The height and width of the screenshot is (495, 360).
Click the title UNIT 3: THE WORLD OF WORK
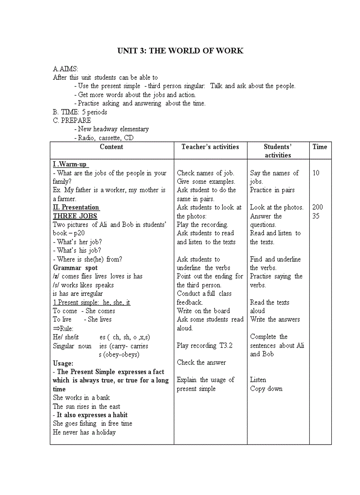click(180, 51)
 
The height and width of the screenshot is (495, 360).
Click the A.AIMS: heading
click(65, 69)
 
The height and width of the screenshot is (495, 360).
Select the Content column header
click(112, 147)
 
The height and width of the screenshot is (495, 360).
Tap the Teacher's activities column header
click(210, 147)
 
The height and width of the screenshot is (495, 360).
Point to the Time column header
click(319, 147)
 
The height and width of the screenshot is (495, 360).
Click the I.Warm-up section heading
click(71, 164)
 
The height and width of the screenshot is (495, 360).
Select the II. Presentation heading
click(76, 207)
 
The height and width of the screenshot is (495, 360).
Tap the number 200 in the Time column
click(317, 207)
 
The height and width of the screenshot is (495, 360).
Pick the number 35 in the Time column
click(316, 216)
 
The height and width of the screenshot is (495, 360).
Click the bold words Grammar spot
click(75, 268)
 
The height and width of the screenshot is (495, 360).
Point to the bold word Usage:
click(63, 363)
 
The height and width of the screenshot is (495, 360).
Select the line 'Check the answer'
click(201, 362)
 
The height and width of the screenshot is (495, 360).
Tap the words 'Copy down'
click(266, 388)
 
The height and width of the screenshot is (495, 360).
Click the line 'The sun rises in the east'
click(86, 406)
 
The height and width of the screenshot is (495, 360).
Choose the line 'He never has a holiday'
click(84, 432)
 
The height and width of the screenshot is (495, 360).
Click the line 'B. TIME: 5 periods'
click(80, 112)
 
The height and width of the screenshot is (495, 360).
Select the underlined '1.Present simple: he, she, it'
click(92, 302)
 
